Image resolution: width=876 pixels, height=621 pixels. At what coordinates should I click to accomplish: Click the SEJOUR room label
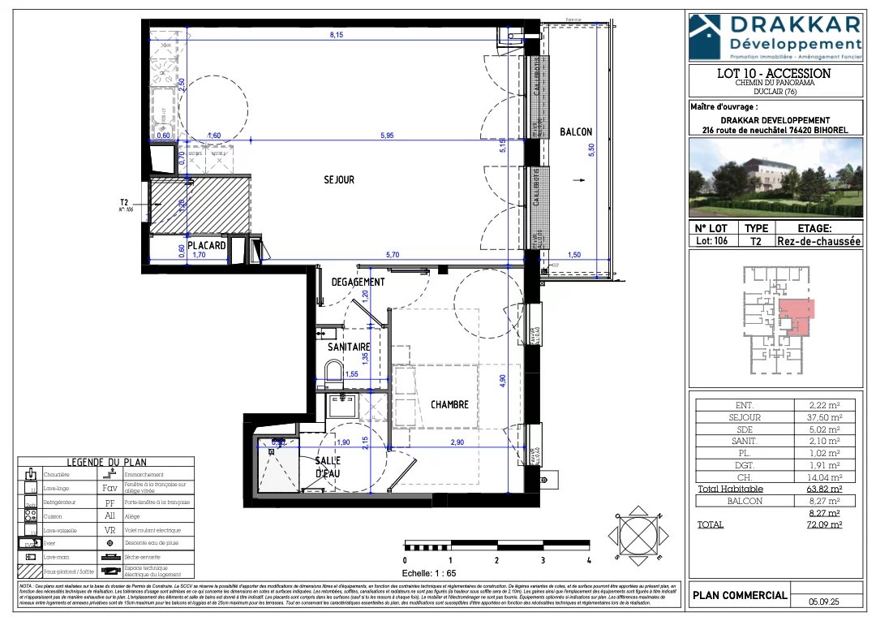[337, 179]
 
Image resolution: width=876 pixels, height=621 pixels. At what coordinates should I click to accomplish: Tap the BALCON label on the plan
[576, 132]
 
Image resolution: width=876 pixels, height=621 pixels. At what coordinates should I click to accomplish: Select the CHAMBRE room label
[449, 403]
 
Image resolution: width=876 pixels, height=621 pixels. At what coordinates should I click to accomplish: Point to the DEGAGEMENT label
[358, 282]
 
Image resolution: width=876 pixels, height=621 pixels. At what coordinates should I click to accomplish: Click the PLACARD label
[205, 244]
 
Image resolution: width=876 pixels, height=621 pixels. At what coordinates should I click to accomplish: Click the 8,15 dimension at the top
[336, 35]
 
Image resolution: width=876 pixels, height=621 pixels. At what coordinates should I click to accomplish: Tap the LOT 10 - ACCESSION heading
[774, 73]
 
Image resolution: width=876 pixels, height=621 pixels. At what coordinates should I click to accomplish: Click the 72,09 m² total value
[826, 525]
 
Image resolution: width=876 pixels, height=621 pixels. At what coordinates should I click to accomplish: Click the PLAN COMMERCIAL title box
[739, 595]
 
